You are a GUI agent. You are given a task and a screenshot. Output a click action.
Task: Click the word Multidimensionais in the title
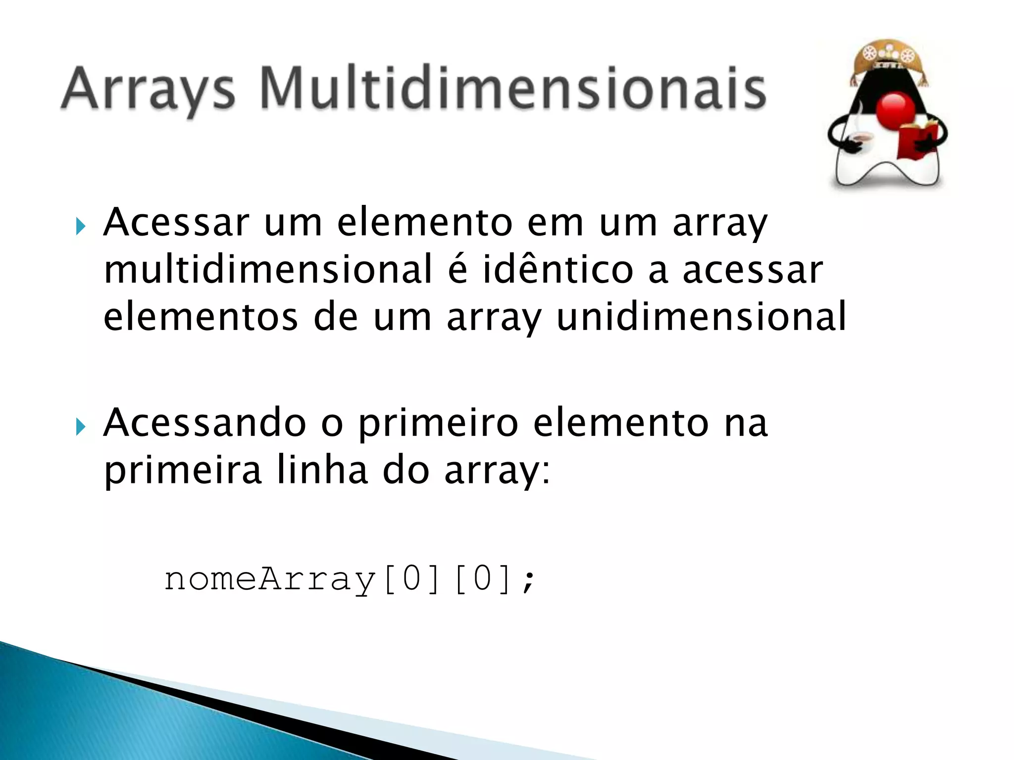512,89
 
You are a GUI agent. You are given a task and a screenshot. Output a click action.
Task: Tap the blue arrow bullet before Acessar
81,227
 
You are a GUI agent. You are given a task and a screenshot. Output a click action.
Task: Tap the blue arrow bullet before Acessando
81,426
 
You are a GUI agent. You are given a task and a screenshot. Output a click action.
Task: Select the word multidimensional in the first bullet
268,270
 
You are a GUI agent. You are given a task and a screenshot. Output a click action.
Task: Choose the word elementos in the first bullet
201,317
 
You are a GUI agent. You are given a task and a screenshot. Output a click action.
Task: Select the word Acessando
204,423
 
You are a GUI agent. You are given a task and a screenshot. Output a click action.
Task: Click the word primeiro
438,423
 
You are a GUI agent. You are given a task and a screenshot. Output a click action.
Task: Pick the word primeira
182,470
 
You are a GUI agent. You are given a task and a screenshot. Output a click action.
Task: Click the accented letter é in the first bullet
458,269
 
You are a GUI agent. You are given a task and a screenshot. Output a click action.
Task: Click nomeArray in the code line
270,579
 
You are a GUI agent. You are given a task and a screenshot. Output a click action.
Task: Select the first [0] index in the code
411,579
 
